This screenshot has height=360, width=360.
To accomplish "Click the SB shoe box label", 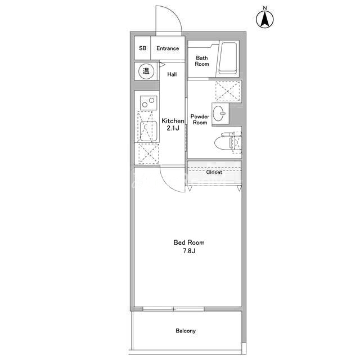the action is [142, 48].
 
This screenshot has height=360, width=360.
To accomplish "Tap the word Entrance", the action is [168, 48].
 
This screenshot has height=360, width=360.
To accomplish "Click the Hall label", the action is [172, 74].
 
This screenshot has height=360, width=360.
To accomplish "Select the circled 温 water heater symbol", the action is [146, 71].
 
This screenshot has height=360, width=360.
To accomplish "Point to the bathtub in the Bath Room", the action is [227, 58].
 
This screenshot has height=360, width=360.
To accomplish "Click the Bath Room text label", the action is [202, 61].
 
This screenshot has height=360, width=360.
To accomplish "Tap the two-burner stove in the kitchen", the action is [148, 103].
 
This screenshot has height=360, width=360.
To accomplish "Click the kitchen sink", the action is [148, 131].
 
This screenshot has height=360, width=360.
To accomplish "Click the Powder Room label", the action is [200, 119].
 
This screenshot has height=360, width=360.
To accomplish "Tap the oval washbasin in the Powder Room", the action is [219, 113].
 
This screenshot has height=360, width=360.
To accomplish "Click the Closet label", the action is [214, 172].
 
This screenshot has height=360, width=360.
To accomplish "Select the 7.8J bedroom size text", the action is [189, 251].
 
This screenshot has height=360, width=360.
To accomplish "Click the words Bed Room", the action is [189, 242].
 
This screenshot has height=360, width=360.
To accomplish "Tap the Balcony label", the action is [186, 331].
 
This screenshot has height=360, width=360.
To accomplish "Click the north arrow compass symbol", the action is [265, 19].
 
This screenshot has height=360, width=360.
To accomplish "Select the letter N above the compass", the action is [265, 8].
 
